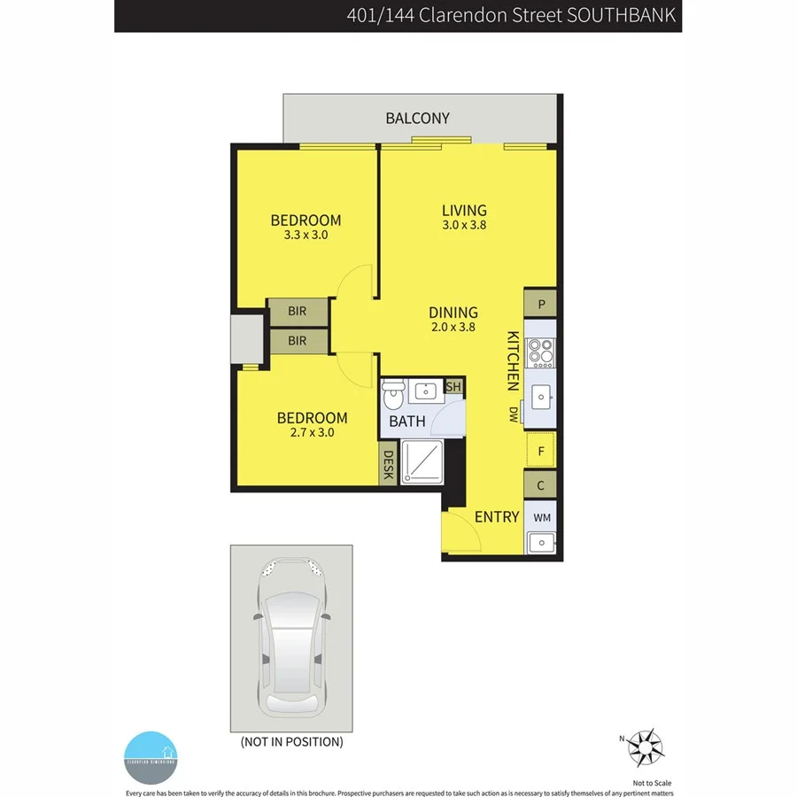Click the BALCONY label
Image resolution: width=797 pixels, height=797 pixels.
pyautogui.click(x=418, y=118)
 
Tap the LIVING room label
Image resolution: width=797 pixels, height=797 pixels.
pyautogui.click(x=465, y=211)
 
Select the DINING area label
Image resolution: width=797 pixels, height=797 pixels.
pyautogui.click(x=453, y=313)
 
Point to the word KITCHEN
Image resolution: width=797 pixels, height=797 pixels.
pyautogui.click(x=513, y=361)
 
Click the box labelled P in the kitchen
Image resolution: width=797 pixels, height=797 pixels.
pyautogui.click(x=540, y=304)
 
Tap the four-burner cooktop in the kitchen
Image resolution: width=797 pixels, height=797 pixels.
pyautogui.click(x=540, y=352)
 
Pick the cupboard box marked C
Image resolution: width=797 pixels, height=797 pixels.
pyautogui.click(x=540, y=485)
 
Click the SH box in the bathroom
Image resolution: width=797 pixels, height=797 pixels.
pyautogui.click(x=453, y=387)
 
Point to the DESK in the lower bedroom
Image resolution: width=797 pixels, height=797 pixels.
pyautogui.click(x=387, y=466)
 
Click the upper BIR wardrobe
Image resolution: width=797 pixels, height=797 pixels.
pyautogui.click(x=298, y=312)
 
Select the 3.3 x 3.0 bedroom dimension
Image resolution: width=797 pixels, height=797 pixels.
pyautogui.click(x=306, y=236)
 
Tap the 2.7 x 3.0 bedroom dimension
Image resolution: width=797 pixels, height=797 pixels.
pyautogui.click(x=312, y=433)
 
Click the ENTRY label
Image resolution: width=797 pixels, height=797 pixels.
pyautogui.click(x=497, y=517)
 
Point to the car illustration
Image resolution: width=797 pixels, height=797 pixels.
pyautogui.click(x=291, y=638)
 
